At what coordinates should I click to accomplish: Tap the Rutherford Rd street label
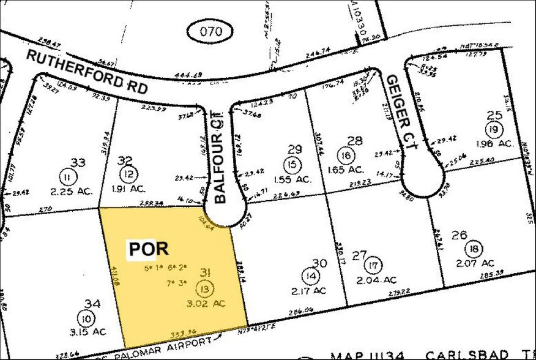pos(87,71)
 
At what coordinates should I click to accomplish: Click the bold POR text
pos(147,249)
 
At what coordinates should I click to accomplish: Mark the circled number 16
pos(346,156)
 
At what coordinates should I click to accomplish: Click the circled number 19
pos(493,129)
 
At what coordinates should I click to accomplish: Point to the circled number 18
pos(472,249)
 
